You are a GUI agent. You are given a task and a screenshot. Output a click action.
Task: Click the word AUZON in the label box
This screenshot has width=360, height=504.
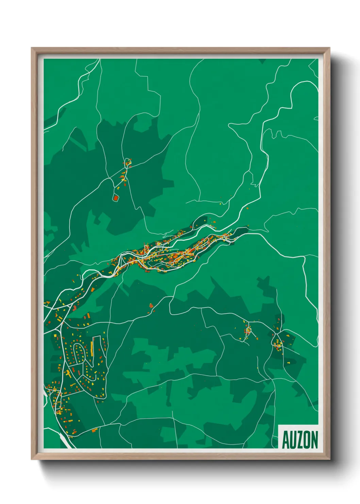[300, 440]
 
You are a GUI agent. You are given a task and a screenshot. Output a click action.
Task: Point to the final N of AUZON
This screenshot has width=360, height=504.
[314, 440]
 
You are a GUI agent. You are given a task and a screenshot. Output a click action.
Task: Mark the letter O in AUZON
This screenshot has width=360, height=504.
[307, 440]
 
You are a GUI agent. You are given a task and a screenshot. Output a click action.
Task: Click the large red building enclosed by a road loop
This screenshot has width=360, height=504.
[116, 198]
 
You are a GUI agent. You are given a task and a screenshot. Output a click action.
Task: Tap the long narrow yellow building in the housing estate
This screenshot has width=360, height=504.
[92, 347]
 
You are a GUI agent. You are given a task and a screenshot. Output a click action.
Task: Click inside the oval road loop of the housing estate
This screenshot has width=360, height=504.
[79, 352]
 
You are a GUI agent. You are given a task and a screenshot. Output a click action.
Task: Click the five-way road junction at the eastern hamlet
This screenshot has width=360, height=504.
[276, 333]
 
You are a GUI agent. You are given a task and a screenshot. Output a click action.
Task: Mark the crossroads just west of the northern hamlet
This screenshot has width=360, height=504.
[109, 177]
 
